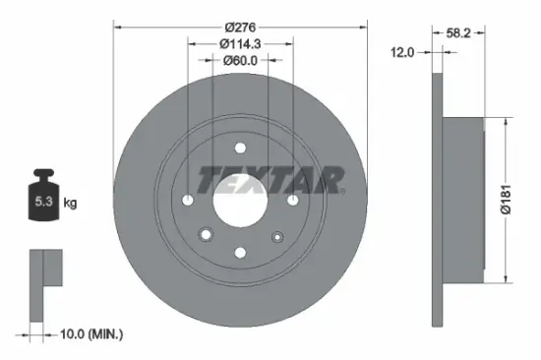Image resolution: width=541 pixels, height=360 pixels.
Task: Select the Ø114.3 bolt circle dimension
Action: coord(240,43)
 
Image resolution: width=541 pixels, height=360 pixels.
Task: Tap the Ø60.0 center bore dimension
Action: coord(240,61)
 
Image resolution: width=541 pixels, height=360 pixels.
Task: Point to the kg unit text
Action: coord(70,204)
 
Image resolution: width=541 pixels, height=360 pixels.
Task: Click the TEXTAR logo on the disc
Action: coord(270,180)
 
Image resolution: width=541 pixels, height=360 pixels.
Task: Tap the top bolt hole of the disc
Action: coord(240,147)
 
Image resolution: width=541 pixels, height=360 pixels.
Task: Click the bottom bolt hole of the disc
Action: coord(240,253)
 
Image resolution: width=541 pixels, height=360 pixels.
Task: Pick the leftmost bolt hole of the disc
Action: coord(187,200)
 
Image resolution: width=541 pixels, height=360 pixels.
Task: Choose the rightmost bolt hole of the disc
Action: coord(293,200)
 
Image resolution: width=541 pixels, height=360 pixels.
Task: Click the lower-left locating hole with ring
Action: coord(207,235)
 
